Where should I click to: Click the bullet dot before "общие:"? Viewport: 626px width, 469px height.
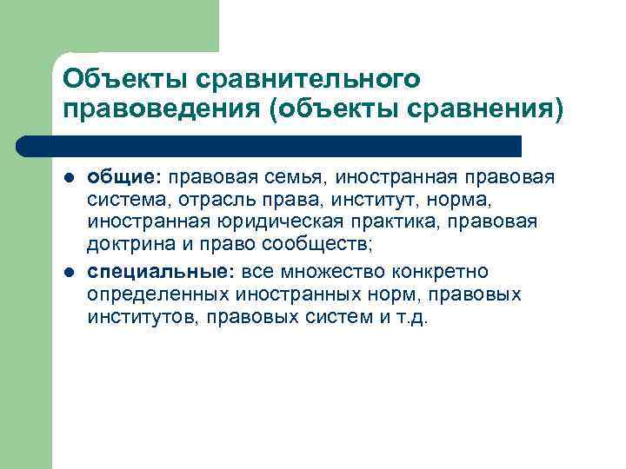pyautogui.click(x=69, y=179)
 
